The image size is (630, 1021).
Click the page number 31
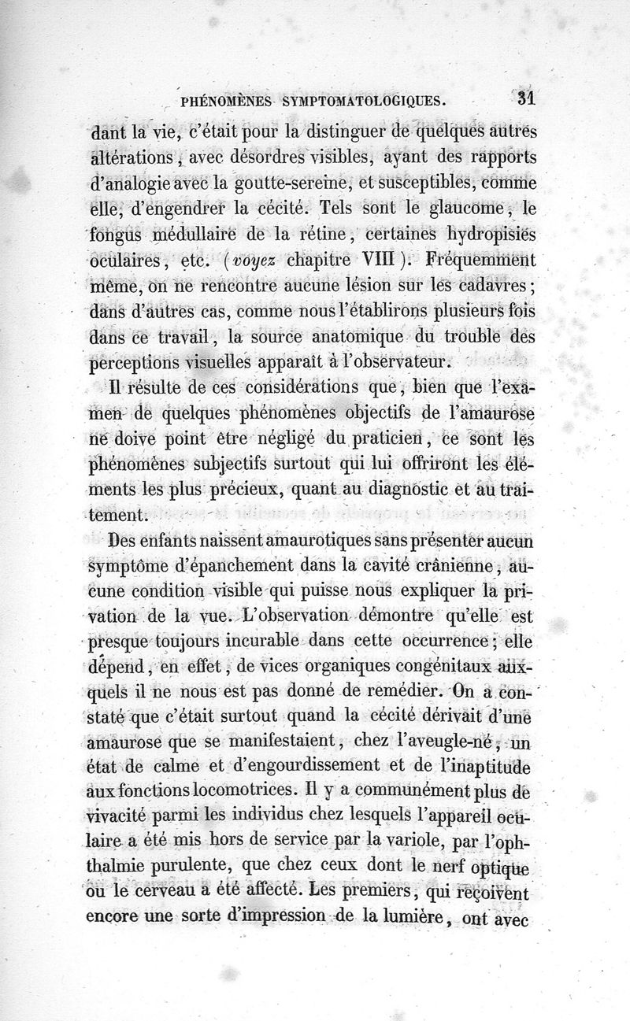point(524,99)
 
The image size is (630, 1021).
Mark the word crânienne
point(442,566)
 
